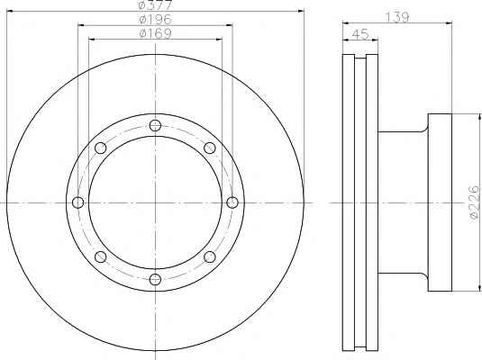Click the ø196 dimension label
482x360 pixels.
pyautogui.click(x=155, y=20)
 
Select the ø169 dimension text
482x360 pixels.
pyautogui.click(x=155, y=33)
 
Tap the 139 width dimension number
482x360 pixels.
pyautogui.click(x=397, y=17)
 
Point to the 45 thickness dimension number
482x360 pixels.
pyautogui.click(x=360, y=34)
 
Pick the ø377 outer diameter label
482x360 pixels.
pyautogui.click(x=155, y=5)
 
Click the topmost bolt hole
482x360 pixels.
pyautogui.click(x=155, y=125)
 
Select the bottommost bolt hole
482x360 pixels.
pyautogui.click(x=155, y=280)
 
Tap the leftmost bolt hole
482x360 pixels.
pyautogui.click(x=77, y=202)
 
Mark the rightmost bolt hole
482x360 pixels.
pyautogui.click(x=232, y=202)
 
